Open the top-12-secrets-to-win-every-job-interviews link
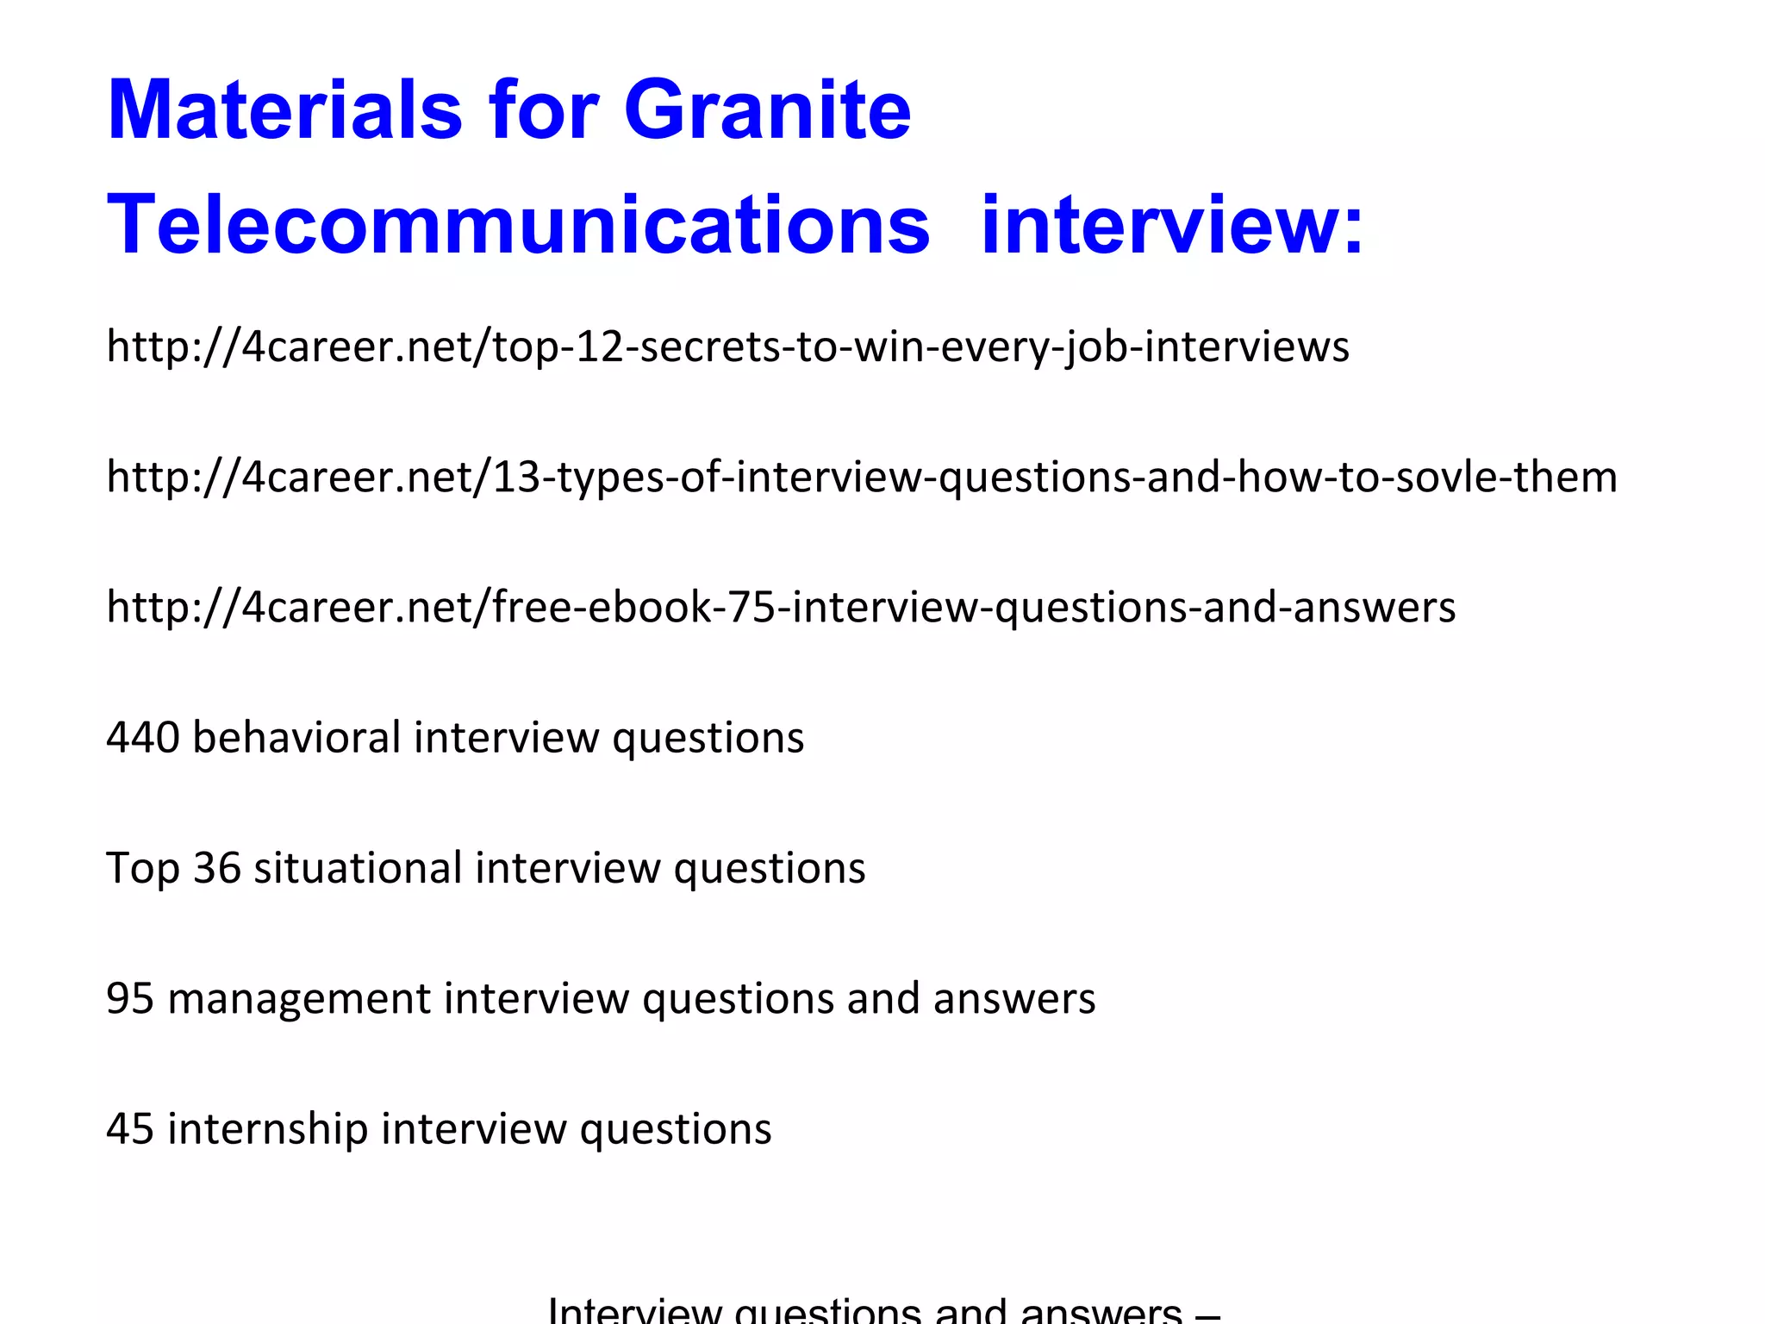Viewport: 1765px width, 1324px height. pos(727,347)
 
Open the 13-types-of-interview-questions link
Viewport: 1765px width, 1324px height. pos(862,477)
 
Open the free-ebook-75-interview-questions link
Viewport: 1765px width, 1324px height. pos(781,607)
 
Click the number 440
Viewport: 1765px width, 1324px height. pos(143,738)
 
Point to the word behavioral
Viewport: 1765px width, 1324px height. pos(296,738)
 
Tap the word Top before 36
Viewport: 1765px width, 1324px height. pos(143,869)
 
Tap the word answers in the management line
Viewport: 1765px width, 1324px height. pos(1013,998)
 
